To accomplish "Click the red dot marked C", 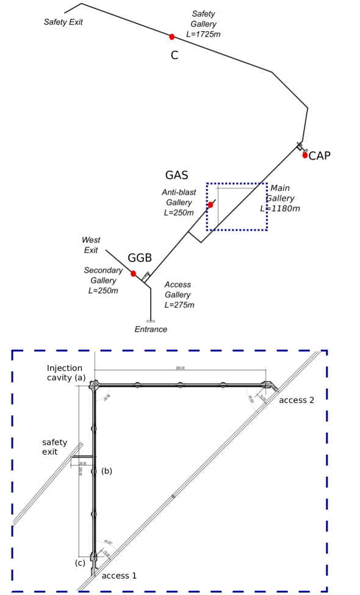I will coord(172,37).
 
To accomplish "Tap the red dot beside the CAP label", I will coord(305,155).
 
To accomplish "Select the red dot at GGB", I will coord(133,273).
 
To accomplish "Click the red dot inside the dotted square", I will coord(211,204).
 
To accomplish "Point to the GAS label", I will coord(176,176).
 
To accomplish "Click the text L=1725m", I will coord(203,34).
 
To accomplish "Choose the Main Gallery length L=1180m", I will coord(280,209).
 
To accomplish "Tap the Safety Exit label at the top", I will coord(63,22).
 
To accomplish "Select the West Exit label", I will coord(91,245).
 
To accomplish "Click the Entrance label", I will coord(151,330).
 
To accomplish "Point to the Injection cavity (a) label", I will coord(66,373).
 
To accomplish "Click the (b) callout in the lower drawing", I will coord(107,471).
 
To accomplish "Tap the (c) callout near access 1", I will coord(80,563).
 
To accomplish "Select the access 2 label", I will coord(297,400).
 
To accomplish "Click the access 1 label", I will coord(119,575).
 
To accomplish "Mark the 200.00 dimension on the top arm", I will coord(179,368).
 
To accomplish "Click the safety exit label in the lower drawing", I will coord(54,447).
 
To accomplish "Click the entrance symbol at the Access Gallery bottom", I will coord(151,320).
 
